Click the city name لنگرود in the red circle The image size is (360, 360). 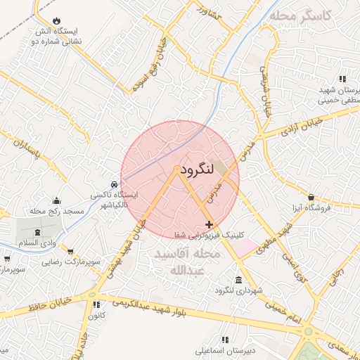(x=200, y=171)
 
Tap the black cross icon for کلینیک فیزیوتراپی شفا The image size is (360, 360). (x=209, y=224)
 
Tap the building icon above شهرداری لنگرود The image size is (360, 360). (x=238, y=280)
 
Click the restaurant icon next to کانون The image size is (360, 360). (x=96, y=304)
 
